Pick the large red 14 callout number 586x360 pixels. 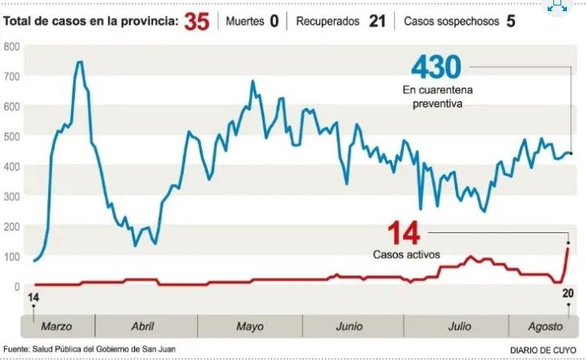pos(402,234)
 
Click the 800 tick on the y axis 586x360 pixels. pos(11,46)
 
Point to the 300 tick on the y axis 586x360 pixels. pos(11,196)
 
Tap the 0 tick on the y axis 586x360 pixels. pos(16,287)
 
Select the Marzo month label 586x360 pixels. pos(56,326)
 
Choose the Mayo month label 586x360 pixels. pos(250,326)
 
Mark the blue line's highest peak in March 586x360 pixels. pos(80,61)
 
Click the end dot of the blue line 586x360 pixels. pos(571,153)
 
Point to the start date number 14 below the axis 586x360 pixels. pos(33,298)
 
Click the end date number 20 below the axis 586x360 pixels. pos(568,294)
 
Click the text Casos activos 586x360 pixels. pos(406,255)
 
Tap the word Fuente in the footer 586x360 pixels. pos(18,350)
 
